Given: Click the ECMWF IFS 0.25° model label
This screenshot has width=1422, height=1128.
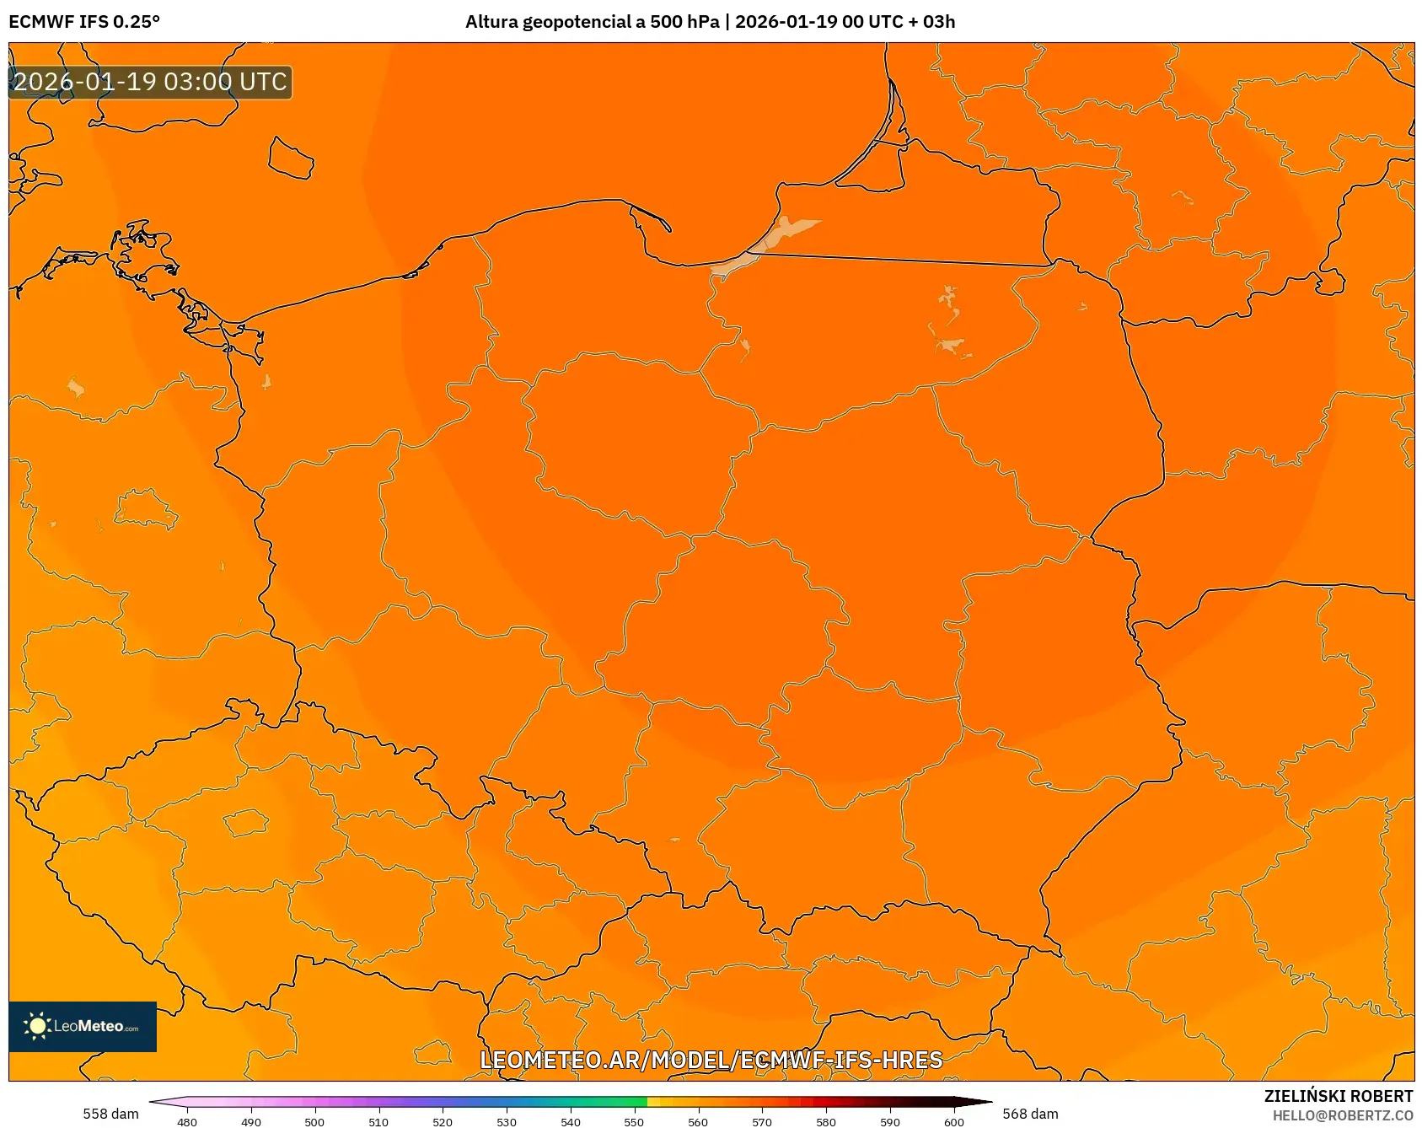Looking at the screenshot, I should (x=84, y=22).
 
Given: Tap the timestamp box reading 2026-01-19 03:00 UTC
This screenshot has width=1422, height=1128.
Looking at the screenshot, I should (x=150, y=82).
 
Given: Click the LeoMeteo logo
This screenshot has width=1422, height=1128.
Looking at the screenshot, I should (x=83, y=1026).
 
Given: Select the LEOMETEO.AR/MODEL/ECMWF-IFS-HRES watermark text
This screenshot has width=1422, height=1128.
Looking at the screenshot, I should (x=711, y=1060).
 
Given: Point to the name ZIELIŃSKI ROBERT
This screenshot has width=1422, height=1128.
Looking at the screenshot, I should (x=1338, y=1096).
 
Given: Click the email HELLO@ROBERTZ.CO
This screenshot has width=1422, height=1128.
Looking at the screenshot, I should (x=1342, y=1115).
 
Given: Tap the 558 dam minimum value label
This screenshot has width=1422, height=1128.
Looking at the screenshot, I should (x=110, y=1114).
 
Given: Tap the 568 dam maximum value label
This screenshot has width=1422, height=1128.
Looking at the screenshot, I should (x=1030, y=1114).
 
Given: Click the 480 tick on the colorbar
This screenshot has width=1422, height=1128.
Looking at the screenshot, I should (x=187, y=1121).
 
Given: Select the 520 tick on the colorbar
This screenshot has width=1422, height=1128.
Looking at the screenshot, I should (x=443, y=1121).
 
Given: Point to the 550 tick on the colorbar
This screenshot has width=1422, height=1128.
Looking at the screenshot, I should (x=634, y=1121).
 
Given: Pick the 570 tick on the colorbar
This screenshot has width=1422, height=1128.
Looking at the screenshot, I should (x=762, y=1121).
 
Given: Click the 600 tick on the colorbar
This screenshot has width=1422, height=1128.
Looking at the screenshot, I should (x=953, y=1121).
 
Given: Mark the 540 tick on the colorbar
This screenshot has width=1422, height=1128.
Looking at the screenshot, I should (x=571, y=1121).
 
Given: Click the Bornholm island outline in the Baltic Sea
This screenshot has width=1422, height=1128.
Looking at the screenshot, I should (x=291, y=158).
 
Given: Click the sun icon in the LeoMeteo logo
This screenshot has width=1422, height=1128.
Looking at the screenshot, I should (x=37, y=1026).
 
